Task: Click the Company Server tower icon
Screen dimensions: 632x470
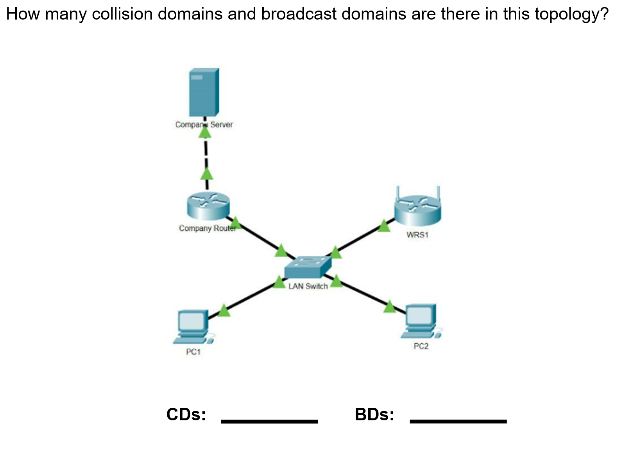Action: (x=204, y=92)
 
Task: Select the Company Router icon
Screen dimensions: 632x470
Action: (x=208, y=206)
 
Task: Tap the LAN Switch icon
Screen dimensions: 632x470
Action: (x=308, y=267)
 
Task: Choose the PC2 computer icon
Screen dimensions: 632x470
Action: (x=421, y=321)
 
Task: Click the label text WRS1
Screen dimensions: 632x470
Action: (x=417, y=235)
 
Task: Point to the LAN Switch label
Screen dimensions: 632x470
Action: (x=308, y=286)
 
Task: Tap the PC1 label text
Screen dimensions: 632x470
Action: (x=193, y=352)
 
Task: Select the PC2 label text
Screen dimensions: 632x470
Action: (x=421, y=346)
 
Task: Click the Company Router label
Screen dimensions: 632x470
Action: (x=208, y=228)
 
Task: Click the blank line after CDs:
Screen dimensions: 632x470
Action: (x=269, y=422)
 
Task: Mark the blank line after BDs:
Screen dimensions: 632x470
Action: (x=458, y=422)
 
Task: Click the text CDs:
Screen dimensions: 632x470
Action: (x=186, y=414)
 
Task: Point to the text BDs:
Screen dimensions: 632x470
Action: (x=374, y=414)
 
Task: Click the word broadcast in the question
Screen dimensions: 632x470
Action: (x=299, y=14)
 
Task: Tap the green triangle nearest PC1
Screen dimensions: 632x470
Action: (x=224, y=310)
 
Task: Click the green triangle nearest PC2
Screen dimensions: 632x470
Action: (x=390, y=306)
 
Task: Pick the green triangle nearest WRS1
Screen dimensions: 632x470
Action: (x=384, y=226)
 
